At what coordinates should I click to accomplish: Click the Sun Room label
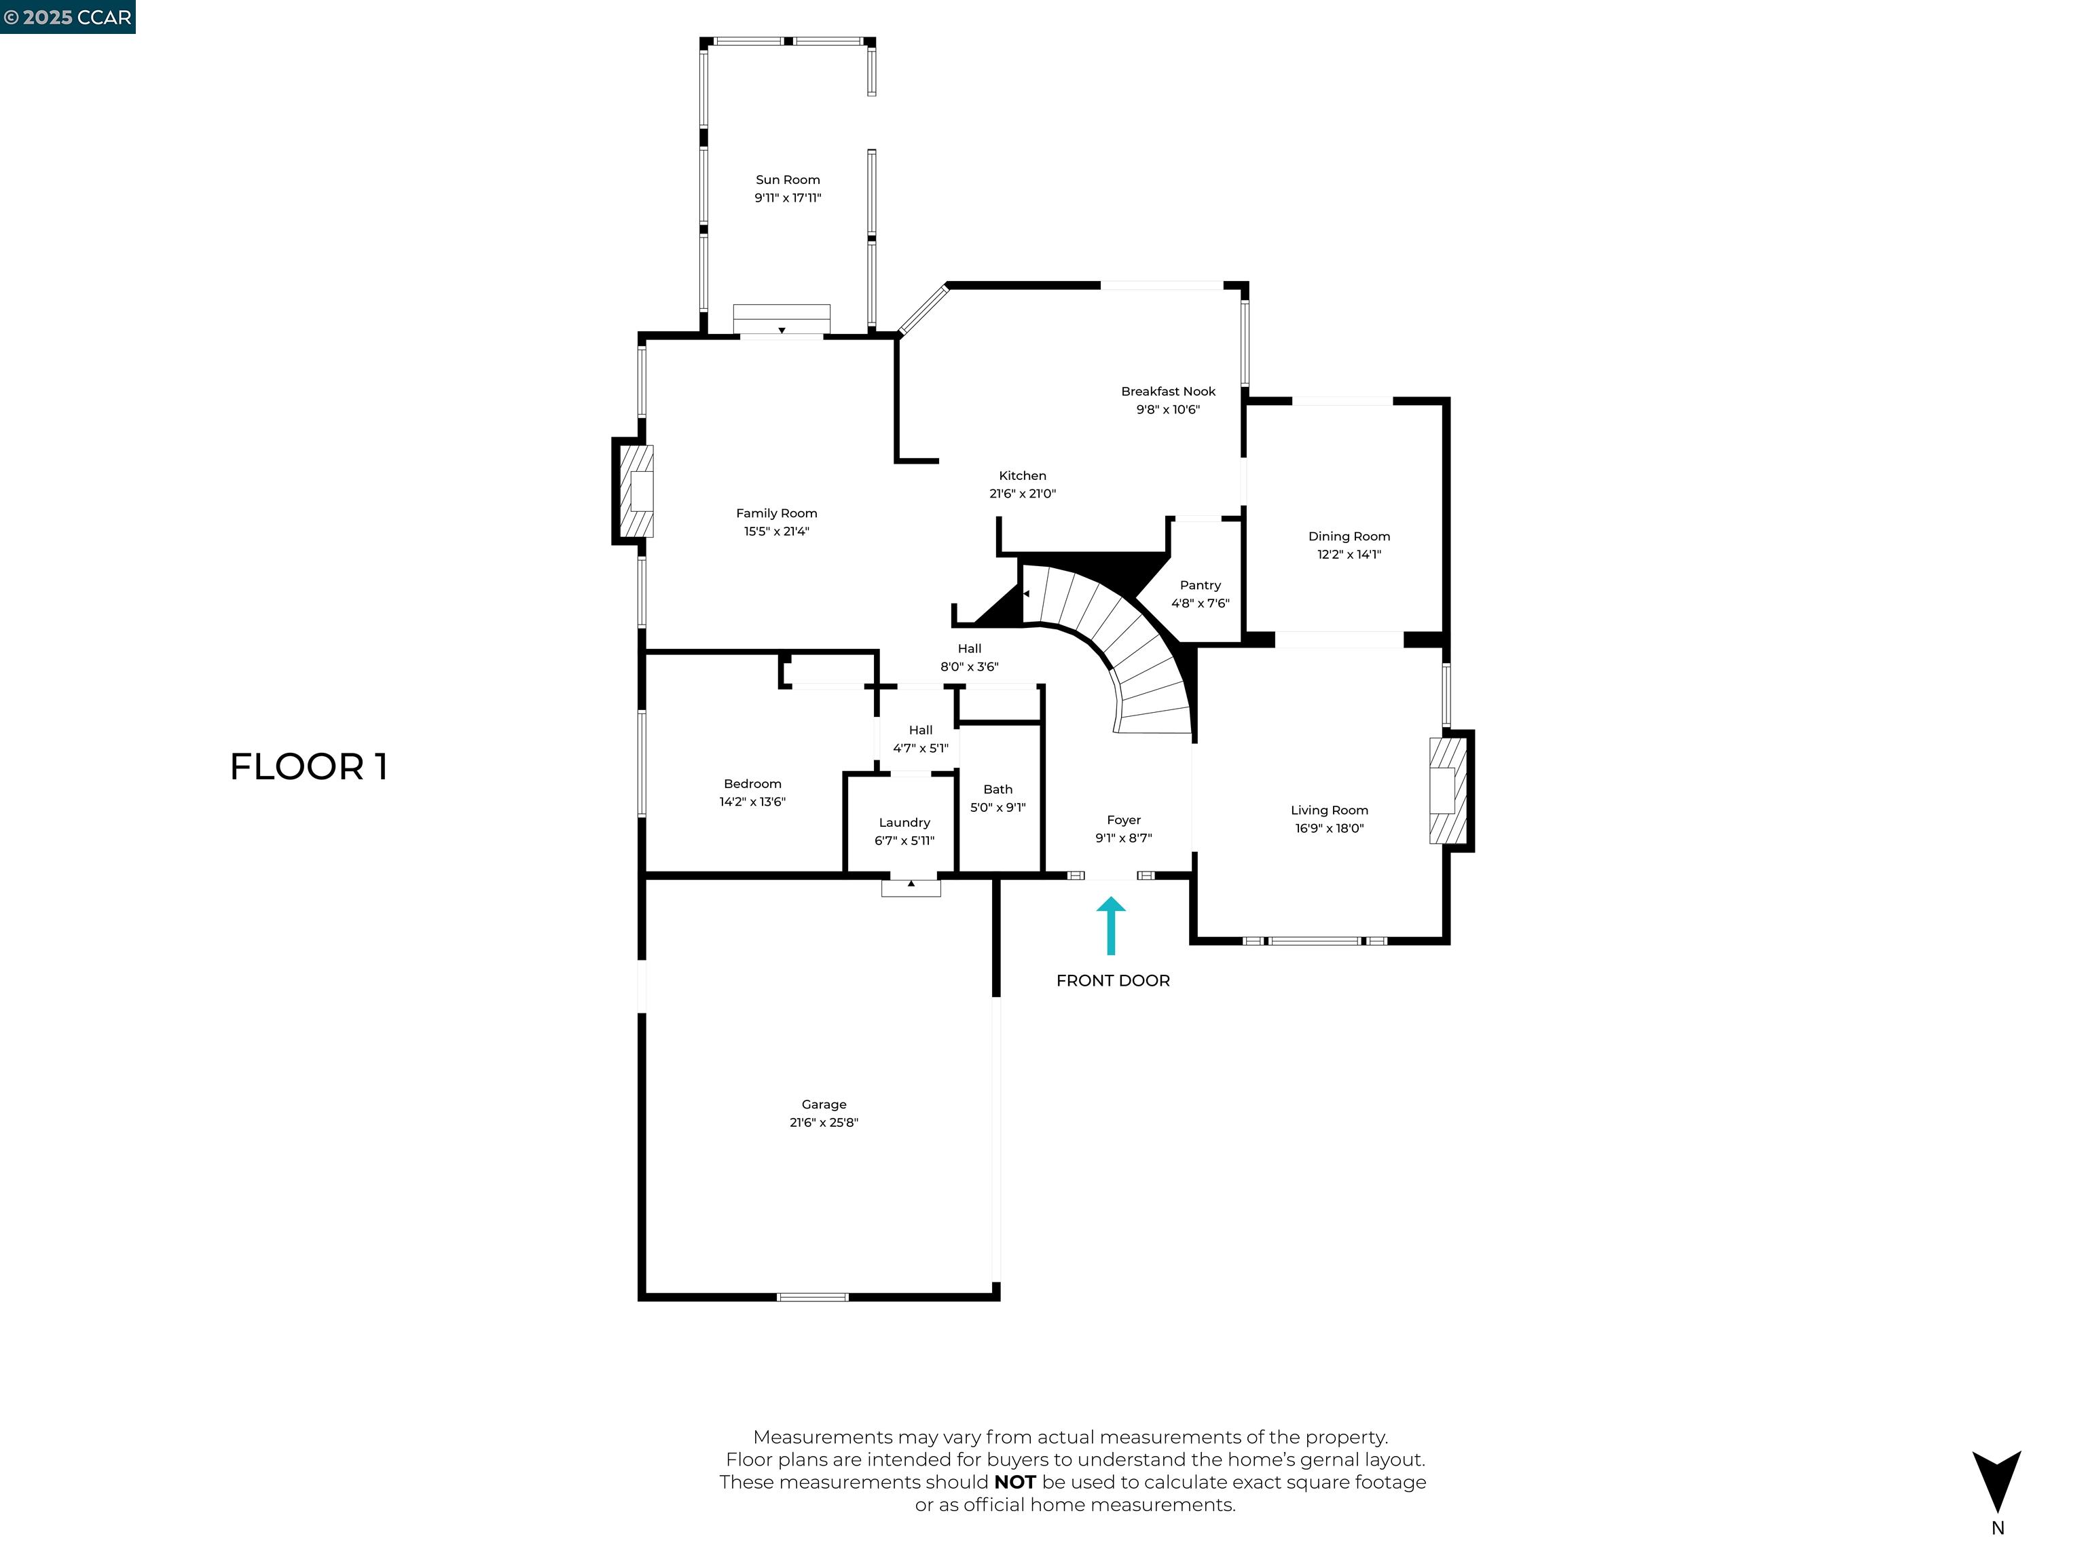click(788, 180)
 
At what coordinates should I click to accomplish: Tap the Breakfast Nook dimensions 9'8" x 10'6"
click(1167, 409)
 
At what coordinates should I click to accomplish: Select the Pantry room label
click(1200, 585)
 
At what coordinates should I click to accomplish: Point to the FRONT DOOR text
click(1113, 980)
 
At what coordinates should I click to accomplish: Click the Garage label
click(823, 1104)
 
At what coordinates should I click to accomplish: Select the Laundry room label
click(903, 823)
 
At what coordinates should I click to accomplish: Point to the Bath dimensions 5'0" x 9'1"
click(998, 808)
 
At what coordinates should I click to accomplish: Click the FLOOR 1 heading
click(308, 766)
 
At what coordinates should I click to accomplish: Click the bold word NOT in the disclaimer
click(1014, 1482)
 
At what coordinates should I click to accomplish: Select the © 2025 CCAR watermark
click(67, 17)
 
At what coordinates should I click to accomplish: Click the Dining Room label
click(1349, 536)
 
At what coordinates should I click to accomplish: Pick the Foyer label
click(1123, 820)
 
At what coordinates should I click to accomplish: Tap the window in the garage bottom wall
click(812, 1297)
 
